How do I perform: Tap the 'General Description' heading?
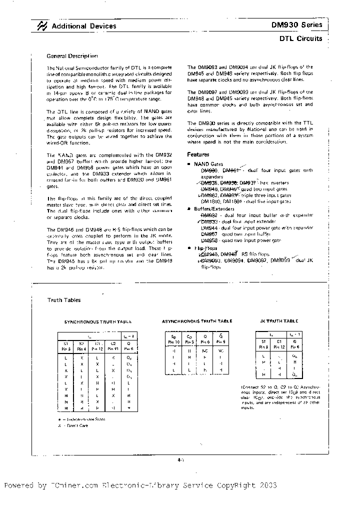click(x=72, y=56)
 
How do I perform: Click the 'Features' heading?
click(x=198, y=155)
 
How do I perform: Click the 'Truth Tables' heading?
click(x=63, y=300)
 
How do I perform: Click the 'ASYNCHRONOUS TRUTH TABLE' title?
click(x=197, y=321)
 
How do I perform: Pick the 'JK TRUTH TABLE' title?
click(x=279, y=321)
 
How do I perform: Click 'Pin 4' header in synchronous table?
click(x=81, y=348)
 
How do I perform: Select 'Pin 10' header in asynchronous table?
click(x=173, y=341)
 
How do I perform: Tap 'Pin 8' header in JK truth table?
click(x=263, y=346)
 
